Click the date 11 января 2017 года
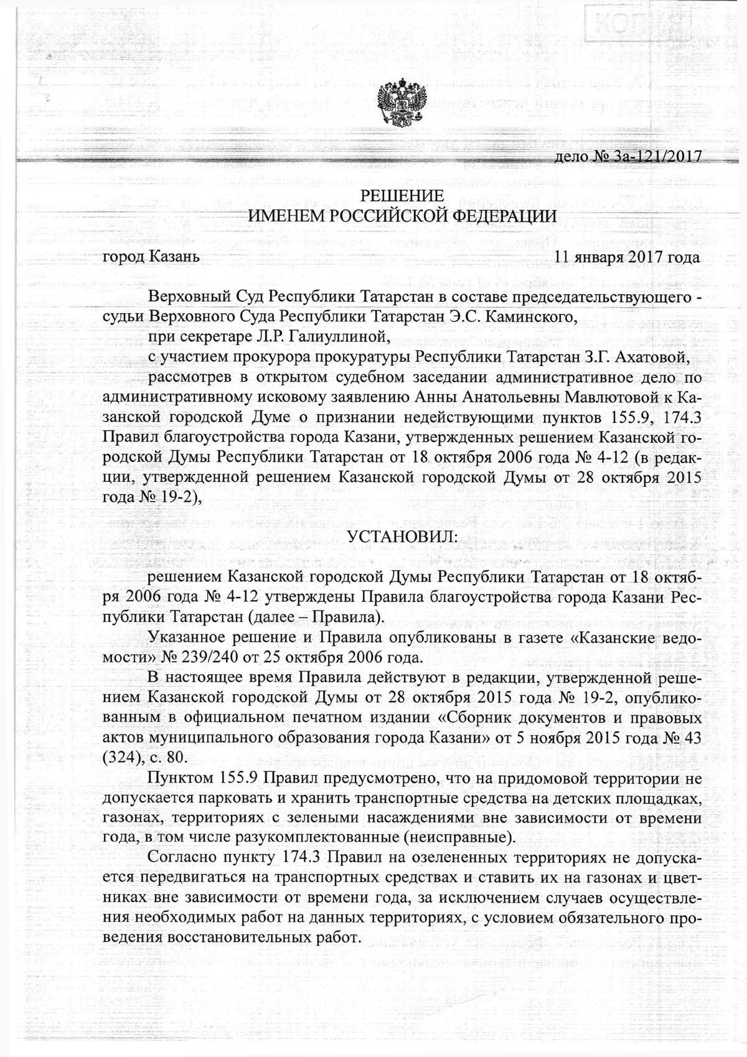click(626, 256)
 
